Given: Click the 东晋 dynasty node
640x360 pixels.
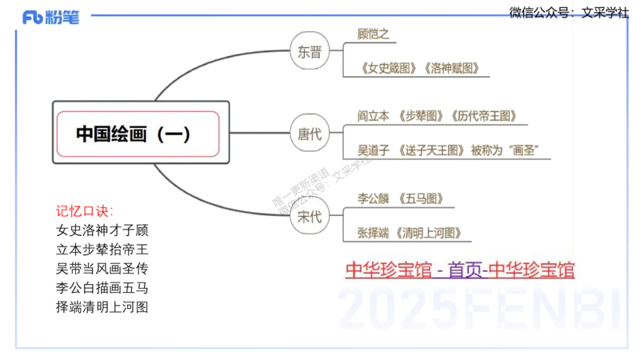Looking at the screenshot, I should click(310, 52).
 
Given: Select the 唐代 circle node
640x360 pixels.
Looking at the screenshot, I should click(310, 134).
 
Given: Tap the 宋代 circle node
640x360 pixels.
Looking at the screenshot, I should click(309, 217).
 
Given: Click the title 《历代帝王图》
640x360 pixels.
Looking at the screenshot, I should click(486, 116).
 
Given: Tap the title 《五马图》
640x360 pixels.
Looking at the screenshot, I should click(420, 198).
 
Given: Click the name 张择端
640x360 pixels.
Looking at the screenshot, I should click(370, 233).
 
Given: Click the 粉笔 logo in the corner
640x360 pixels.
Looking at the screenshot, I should click(51, 18).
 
